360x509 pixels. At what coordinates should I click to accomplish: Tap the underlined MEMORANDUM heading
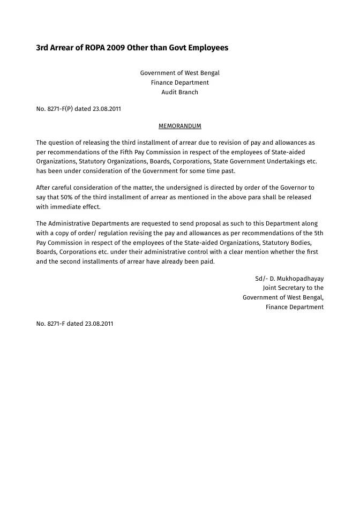coord(180,126)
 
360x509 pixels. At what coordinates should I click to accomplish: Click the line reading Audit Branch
coord(180,92)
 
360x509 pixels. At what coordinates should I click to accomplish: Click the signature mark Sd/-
coord(261,279)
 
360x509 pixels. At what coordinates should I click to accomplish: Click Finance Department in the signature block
coord(295,307)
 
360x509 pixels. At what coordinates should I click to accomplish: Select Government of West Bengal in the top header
coord(180,73)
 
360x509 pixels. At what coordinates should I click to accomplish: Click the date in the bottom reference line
coord(99,324)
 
